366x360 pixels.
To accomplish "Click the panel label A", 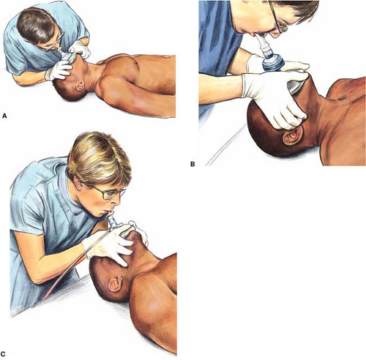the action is pos(4,116).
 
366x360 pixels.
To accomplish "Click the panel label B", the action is pos(193,164).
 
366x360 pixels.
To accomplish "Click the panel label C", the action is pos(3,354).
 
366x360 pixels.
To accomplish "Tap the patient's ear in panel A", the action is pos(80,86).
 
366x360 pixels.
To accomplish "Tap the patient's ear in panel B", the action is pos(293,135).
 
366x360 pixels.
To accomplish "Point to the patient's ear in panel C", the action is pos(116,284).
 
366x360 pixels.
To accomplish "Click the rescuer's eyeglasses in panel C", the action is pos(108,194).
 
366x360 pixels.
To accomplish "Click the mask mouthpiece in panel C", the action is pos(111,220).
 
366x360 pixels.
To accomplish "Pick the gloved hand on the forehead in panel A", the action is pos(58,70).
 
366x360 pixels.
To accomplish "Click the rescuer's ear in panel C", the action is pos(78,182).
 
